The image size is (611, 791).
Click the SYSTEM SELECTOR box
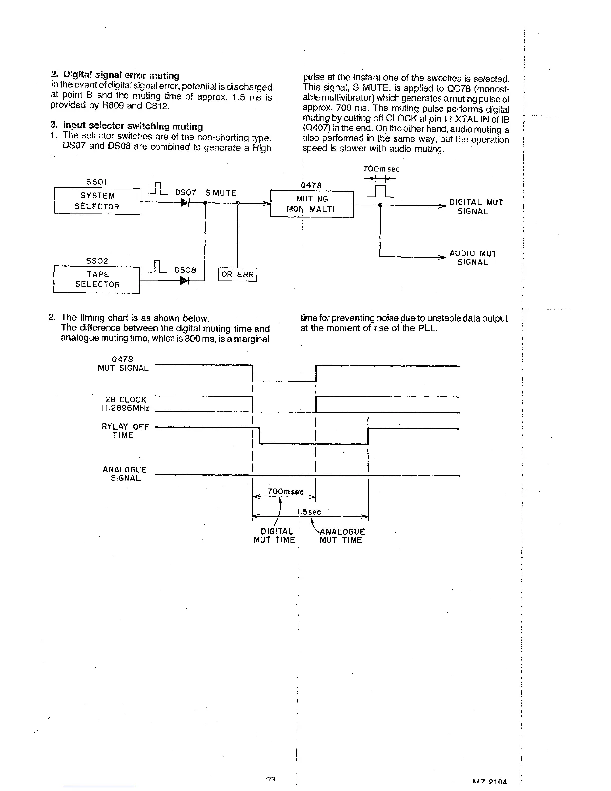(97, 201)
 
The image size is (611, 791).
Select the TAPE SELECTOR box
(97, 279)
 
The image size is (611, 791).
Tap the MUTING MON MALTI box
(311, 204)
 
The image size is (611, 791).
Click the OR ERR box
(237, 274)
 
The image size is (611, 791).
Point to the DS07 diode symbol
(185, 203)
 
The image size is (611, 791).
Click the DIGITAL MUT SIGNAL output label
(476, 207)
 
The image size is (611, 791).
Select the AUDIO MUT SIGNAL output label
(473, 258)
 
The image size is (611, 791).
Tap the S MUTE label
(221, 193)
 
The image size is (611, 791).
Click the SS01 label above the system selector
(97, 182)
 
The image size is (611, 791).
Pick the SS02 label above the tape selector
(97, 261)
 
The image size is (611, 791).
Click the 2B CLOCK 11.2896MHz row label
(126, 404)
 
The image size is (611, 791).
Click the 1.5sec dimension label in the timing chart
(309, 512)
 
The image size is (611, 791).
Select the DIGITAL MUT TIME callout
(274, 536)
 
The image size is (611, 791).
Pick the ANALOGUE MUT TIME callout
(342, 536)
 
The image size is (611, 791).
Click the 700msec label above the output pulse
(382, 169)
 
